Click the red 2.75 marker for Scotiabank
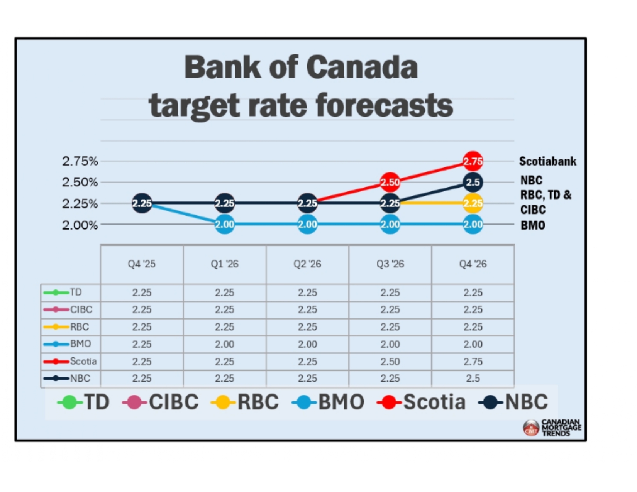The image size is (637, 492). coord(473,161)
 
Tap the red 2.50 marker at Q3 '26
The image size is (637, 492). coord(390,182)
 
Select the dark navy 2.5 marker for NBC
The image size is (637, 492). coord(473,182)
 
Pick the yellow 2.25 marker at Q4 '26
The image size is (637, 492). coord(473,203)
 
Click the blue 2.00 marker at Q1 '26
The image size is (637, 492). coord(225,224)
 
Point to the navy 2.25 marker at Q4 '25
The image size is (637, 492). coord(142,203)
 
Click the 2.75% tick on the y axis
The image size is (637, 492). coord(80,161)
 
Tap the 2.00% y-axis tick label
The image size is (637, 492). coord(80,225)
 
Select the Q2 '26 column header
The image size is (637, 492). coord(307,264)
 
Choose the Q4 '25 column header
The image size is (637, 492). coord(142,264)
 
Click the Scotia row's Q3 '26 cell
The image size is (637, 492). coord(390,361)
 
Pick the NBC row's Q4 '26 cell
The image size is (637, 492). coord(473,378)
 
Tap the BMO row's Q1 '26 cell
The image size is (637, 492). coord(225,344)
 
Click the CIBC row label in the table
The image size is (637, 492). coord(81,309)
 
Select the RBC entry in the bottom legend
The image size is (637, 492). coord(245,401)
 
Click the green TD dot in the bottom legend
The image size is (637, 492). coord(70,402)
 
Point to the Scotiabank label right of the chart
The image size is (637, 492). coord(547,161)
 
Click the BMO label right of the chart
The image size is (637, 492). coord(533,225)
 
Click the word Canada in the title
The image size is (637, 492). coord(362,67)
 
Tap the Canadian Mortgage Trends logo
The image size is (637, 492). coord(552,428)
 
